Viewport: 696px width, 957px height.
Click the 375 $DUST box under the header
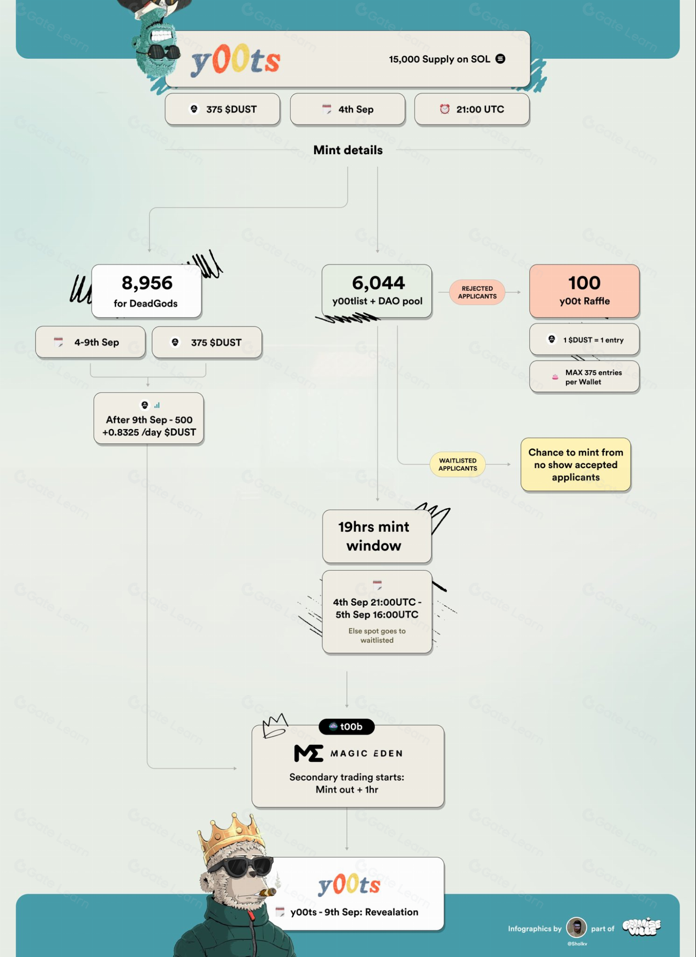[222, 109]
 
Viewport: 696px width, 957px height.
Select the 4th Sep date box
[348, 109]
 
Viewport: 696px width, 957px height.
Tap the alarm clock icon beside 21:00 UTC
[444, 109]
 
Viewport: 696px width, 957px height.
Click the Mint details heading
[348, 150]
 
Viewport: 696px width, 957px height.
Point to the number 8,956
[147, 283]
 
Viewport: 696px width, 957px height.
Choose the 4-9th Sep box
[90, 342]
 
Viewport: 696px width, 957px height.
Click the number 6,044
[378, 283]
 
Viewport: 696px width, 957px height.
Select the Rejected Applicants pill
[477, 292]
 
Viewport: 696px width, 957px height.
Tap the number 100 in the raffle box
[584, 283]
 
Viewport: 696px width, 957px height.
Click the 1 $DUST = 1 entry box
[584, 339]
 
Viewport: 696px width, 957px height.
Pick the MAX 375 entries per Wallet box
[584, 377]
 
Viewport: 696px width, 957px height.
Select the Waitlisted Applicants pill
[458, 464]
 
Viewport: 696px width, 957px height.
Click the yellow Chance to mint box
[575, 464]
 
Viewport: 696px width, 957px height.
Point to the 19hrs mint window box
[377, 536]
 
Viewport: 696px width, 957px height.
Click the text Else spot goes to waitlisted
[377, 635]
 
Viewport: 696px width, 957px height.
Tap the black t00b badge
[346, 727]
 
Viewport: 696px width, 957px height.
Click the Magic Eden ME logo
[309, 753]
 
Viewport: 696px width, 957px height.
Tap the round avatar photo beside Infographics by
[576, 928]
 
